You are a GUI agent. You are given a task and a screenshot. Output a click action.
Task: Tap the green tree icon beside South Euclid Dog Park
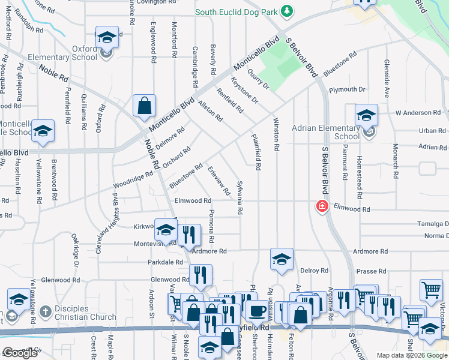tap(287, 11)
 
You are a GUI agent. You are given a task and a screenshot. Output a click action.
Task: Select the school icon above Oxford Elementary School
tap(106, 38)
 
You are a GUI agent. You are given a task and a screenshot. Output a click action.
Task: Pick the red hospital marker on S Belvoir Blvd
tap(322, 206)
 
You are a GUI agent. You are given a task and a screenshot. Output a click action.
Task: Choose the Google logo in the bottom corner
tap(20, 353)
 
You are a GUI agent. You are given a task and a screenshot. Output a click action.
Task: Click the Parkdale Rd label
tap(165, 263)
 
